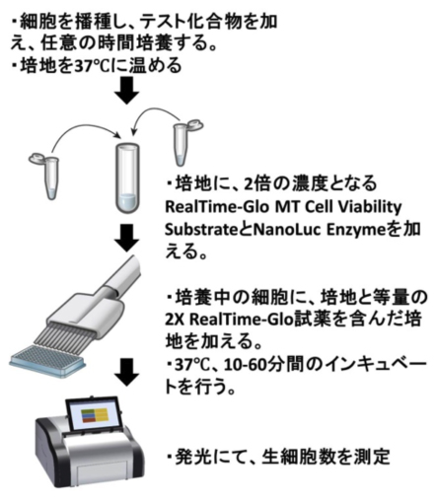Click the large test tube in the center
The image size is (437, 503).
click(x=127, y=178)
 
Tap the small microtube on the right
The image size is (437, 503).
click(x=184, y=142)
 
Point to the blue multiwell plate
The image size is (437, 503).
click(x=47, y=361)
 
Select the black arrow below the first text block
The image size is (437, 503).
click(x=127, y=91)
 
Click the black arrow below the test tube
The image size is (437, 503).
click(x=127, y=238)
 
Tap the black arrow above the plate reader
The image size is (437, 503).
click(x=127, y=372)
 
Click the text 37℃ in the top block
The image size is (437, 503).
click(x=92, y=65)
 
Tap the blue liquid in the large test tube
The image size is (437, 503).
click(x=127, y=203)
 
